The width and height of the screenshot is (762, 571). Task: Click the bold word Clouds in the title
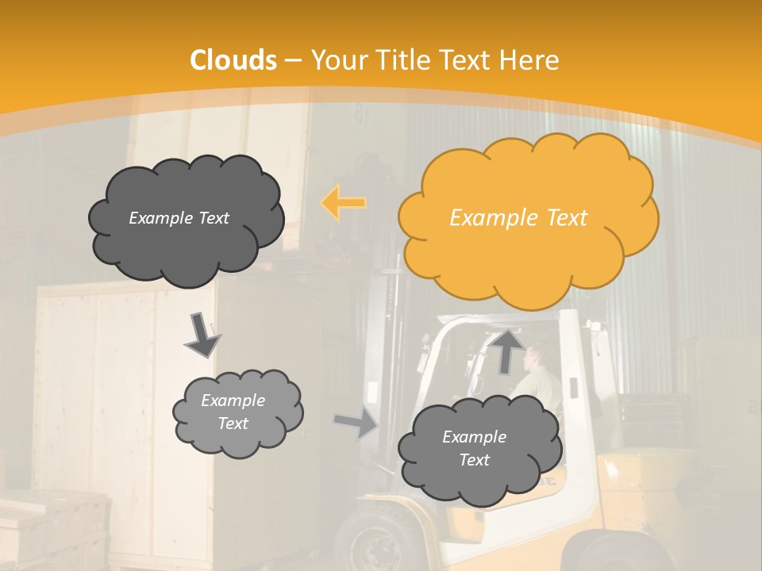[x=233, y=60]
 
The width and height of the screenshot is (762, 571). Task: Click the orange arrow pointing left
[x=343, y=202]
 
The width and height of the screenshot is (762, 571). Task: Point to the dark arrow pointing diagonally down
[x=202, y=335]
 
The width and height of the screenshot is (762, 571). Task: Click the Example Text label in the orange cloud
[x=518, y=218]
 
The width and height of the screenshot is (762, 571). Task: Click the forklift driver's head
[x=538, y=357]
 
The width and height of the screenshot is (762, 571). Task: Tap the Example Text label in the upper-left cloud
[x=179, y=218]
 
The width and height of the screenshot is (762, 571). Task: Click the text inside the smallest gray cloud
[x=233, y=412]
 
